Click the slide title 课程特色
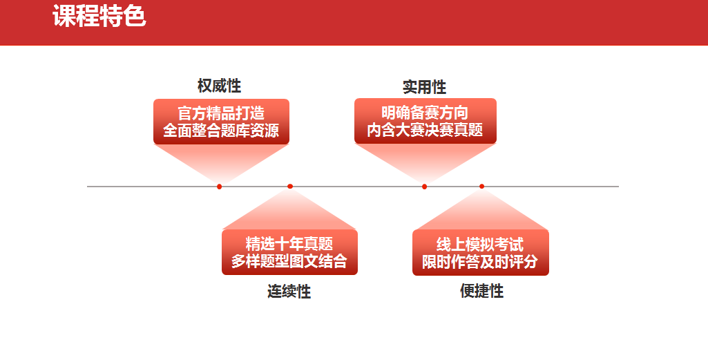99,17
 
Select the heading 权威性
219,86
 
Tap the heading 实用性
424,87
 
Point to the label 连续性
289,292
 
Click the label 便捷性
481,291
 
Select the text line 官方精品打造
221,113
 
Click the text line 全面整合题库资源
221,131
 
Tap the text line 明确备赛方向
425,113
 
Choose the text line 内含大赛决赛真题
425,130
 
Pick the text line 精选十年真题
289,244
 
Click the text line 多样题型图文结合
289,261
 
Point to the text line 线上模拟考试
481,245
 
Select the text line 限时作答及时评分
481,261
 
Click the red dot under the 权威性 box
220,187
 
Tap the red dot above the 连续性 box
290,186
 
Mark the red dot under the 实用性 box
424,187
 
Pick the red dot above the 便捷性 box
481,186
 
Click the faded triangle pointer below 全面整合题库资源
221,158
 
